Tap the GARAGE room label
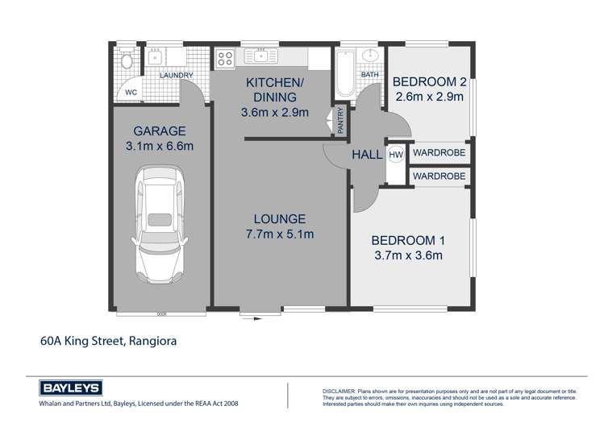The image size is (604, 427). (160, 131)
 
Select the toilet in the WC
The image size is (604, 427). (126, 60)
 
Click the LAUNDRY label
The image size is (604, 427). (177, 76)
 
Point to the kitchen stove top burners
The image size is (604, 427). (226, 58)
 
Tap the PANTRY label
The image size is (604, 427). (340, 121)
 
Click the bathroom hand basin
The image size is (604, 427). (372, 56)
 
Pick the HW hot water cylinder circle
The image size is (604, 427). (396, 155)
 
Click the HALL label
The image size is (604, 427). (367, 155)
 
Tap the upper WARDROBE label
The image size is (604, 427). (439, 152)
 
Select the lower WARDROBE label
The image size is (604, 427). (439, 175)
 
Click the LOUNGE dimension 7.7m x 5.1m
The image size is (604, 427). (280, 234)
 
